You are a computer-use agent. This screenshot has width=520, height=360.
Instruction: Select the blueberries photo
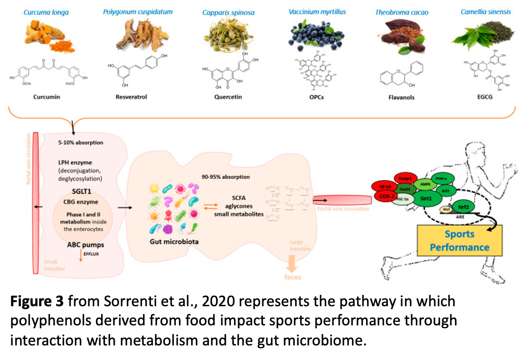314,37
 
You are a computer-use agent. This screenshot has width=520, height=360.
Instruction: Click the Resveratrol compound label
131,97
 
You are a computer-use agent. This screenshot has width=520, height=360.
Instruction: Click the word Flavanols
401,97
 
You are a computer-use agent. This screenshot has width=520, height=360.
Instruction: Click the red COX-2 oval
385,196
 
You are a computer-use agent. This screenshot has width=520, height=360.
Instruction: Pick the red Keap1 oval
405,178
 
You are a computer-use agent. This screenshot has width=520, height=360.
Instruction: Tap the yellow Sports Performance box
459,241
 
